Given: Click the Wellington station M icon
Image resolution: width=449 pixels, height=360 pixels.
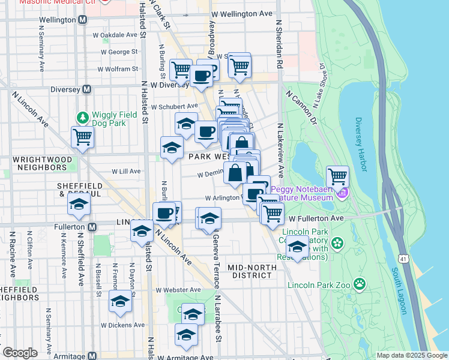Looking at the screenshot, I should point(83,20).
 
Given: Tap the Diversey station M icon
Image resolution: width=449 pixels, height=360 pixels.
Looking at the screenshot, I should point(87,89).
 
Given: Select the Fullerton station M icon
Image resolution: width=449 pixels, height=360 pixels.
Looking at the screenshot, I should point(92,227).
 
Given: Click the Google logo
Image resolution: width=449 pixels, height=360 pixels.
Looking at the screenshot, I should point(20,353).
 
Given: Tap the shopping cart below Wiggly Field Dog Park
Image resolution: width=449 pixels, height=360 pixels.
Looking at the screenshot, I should point(82,136).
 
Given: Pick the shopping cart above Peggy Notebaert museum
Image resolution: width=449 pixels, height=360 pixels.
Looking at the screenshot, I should point(338,176).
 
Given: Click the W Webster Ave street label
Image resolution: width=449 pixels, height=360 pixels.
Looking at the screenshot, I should point(178,290).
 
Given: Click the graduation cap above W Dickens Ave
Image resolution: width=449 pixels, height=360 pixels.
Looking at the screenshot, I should point(120,302).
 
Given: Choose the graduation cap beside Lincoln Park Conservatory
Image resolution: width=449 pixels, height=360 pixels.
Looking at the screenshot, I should point(297,246).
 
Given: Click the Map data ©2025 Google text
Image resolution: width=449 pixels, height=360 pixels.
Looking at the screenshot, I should point(411,355).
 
